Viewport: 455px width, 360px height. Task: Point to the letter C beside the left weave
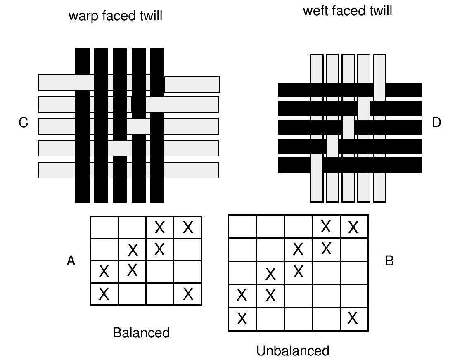pos(23,123)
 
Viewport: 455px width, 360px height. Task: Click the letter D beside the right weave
pos(436,123)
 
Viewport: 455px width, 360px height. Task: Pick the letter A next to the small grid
pos(71,261)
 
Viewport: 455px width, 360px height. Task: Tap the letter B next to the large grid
pos(389,261)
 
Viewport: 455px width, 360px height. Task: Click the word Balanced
pos(141,332)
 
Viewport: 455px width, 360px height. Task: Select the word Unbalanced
pos(293,351)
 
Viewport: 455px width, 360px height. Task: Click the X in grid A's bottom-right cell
pos(188,294)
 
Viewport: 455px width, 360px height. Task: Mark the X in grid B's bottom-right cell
pos(353,318)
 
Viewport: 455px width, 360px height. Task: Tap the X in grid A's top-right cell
pos(188,227)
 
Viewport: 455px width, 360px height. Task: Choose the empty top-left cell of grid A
pos(104,227)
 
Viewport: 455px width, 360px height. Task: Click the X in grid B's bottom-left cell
pos(242,319)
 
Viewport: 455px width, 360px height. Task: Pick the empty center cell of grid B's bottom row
pos(298,319)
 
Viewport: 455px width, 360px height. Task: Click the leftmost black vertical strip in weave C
pos(83,126)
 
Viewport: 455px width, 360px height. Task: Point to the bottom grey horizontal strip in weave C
pos(128,170)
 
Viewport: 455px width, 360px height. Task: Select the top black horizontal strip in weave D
pos(350,90)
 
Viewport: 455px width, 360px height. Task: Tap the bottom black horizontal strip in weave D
pos(350,165)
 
